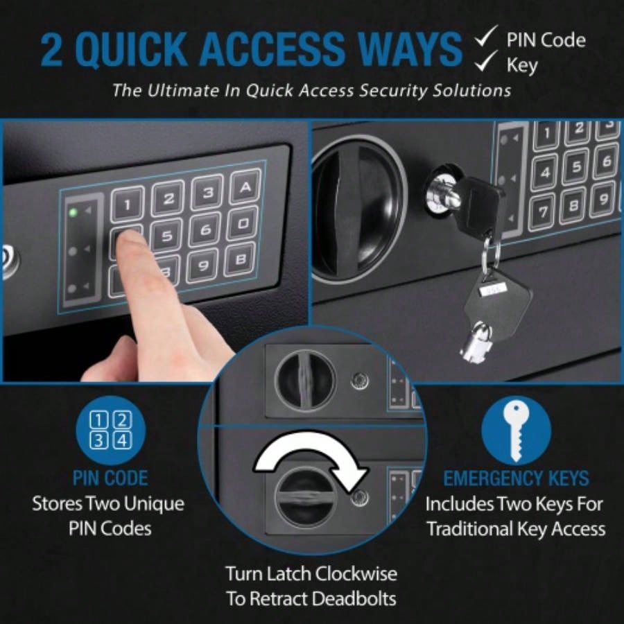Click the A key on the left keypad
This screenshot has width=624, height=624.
pos(244,187)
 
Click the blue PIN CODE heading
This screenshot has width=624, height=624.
pos(110,478)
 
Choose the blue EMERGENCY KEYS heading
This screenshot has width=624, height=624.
pos(516,478)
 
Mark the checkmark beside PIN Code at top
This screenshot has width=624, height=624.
pos(487,38)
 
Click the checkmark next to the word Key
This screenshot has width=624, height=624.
pos(487,64)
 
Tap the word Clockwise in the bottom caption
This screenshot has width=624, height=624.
pos(356,574)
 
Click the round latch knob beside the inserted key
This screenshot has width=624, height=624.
pos(359,201)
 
